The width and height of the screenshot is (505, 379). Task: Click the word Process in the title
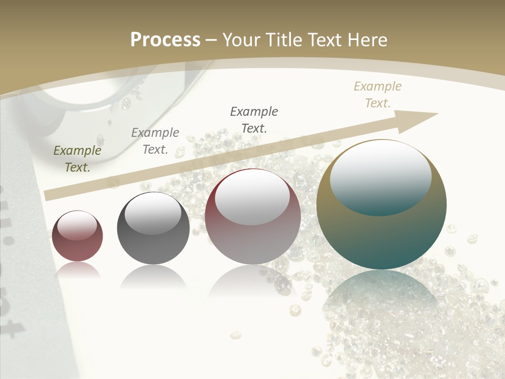click(x=165, y=40)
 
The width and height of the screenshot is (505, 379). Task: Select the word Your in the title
click(x=241, y=40)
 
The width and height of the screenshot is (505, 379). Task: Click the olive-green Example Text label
click(x=77, y=159)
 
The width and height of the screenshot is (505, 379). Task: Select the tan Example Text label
click(x=378, y=95)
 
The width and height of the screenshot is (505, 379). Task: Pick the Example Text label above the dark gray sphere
click(x=155, y=141)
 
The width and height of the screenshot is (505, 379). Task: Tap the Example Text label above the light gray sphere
click(x=254, y=119)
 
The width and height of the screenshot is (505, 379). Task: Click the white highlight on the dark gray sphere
click(x=153, y=213)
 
